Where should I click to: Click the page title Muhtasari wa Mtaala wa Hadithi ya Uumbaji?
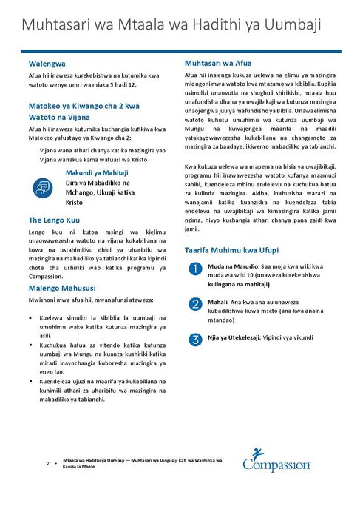pyautogui.click(x=171, y=25)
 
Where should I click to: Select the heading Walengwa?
pyautogui.click(x=47, y=64)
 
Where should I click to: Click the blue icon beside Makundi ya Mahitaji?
pyautogui.click(x=42, y=188)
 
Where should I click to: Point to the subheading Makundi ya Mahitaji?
pyautogui.click(x=97, y=172)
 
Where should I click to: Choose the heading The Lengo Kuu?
pyautogui.click(x=55, y=220)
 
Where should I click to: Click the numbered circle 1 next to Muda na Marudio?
pyautogui.click(x=194, y=270)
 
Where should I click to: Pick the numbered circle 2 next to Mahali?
pyautogui.click(x=194, y=305)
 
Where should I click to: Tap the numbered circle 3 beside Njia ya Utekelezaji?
pyautogui.click(x=194, y=340)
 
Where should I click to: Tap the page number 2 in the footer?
pyautogui.click(x=48, y=464)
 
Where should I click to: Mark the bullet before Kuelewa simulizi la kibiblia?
pyautogui.click(x=32, y=317)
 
